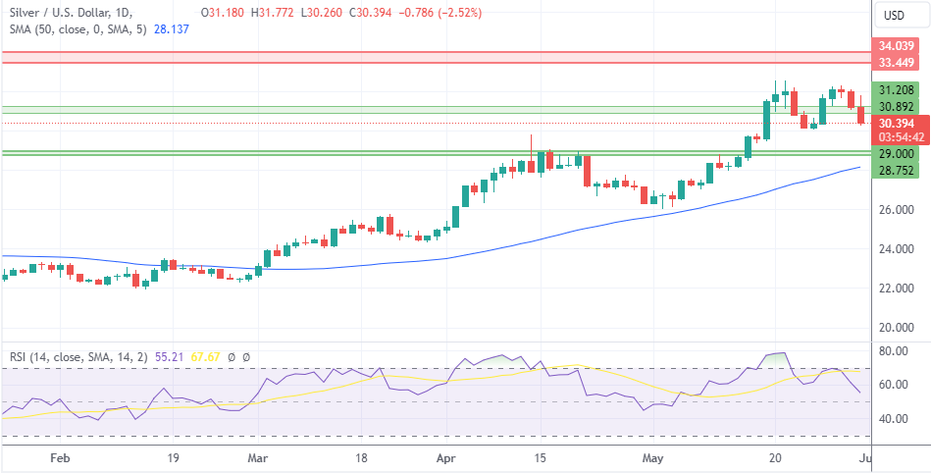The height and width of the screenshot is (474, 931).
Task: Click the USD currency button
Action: point(894,15)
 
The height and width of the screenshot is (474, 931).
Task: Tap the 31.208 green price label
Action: point(897,89)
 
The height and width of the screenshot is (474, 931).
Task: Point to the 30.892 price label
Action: point(897,107)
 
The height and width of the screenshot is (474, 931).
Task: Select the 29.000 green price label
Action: point(897,154)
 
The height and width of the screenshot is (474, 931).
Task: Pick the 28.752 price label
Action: point(897,171)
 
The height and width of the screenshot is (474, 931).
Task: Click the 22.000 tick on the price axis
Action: point(897,288)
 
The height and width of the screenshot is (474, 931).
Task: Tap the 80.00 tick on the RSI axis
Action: point(893,350)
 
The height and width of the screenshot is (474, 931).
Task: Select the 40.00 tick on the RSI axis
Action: point(893,419)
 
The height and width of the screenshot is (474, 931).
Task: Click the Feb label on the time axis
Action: point(59,458)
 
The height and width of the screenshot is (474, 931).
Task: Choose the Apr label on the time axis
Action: point(446,458)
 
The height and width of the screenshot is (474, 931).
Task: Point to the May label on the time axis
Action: point(652,458)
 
